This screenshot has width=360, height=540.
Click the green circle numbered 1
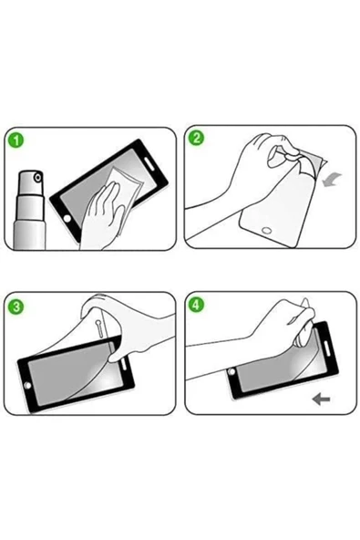16,141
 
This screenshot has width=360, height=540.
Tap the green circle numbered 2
196,138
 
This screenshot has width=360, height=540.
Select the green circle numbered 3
16,306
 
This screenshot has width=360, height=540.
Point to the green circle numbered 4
196,306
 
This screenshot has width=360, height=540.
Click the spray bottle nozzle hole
38,178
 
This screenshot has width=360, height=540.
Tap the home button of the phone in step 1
67,218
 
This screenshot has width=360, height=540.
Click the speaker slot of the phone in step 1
150,162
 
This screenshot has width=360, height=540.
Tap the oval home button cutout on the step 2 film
267,230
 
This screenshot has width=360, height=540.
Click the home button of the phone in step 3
27,385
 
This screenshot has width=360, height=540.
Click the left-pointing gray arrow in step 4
321,400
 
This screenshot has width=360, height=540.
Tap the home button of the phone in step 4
231,371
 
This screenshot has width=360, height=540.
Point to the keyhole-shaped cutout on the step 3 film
99,327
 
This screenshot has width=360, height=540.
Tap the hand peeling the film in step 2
254,172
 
